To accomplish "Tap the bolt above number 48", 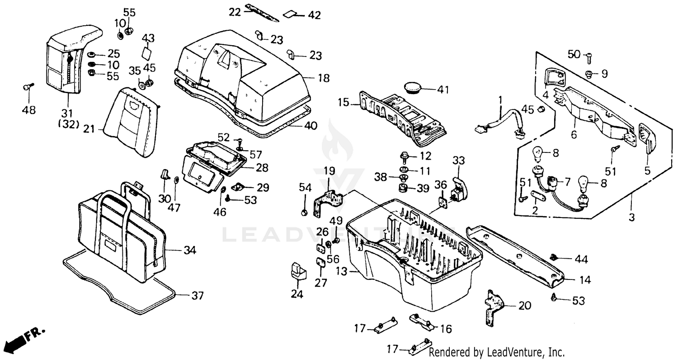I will point(27,87).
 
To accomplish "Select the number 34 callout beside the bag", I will point(190,250).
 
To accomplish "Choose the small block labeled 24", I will point(297,271).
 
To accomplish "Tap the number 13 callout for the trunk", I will point(342,271).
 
